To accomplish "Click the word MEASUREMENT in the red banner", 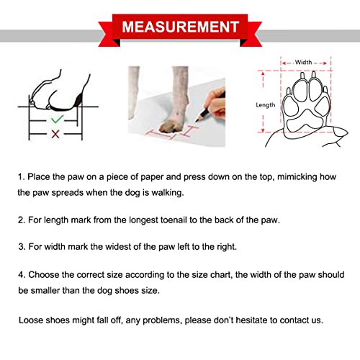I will click(180, 28).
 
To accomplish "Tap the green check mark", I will click(56, 117).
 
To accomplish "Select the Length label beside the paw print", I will click(266, 104).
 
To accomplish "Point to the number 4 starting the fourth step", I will click(21, 274).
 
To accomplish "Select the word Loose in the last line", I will click(32, 320).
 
